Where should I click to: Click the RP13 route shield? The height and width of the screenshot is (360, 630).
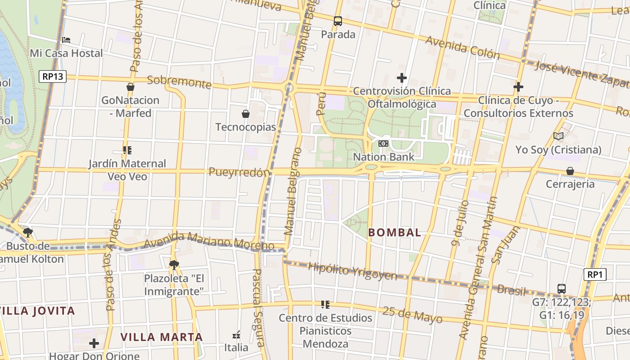[x=52, y=76]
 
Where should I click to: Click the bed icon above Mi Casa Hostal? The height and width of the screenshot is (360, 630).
[x=66, y=40]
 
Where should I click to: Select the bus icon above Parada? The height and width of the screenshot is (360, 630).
[x=338, y=21]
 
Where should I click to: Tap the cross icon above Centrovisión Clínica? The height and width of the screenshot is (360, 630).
[x=402, y=78]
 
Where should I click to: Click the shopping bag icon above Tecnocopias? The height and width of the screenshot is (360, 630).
[x=246, y=114]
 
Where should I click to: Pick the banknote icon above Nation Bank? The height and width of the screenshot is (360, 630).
[x=383, y=144]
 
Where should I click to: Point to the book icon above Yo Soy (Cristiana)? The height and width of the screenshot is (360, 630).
[x=558, y=136]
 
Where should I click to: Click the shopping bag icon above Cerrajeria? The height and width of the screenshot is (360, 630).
[x=570, y=171]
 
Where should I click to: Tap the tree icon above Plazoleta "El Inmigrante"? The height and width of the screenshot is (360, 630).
[x=174, y=265]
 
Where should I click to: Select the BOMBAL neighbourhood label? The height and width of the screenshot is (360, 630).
[x=395, y=233]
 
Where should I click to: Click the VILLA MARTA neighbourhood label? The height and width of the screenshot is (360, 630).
[x=162, y=337]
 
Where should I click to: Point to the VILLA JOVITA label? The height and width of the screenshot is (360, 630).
[x=37, y=311]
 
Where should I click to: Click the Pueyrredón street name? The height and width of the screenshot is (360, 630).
[x=239, y=172]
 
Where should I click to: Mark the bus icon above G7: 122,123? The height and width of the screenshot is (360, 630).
[x=561, y=288]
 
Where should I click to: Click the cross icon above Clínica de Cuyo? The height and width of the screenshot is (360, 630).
[x=518, y=87]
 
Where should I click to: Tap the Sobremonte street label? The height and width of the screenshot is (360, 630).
[x=179, y=81]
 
